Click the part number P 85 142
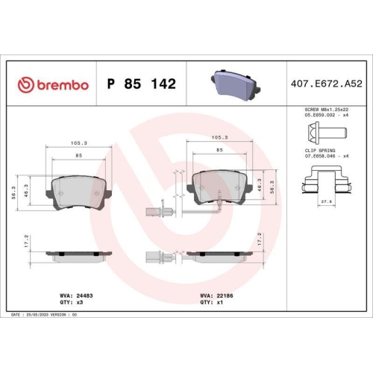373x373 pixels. (142, 84)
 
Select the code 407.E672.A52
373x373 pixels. (327, 84)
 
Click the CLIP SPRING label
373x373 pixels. (320, 150)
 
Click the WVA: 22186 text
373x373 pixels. (215, 295)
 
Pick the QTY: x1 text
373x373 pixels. (210, 303)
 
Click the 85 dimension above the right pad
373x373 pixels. (219, 150)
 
